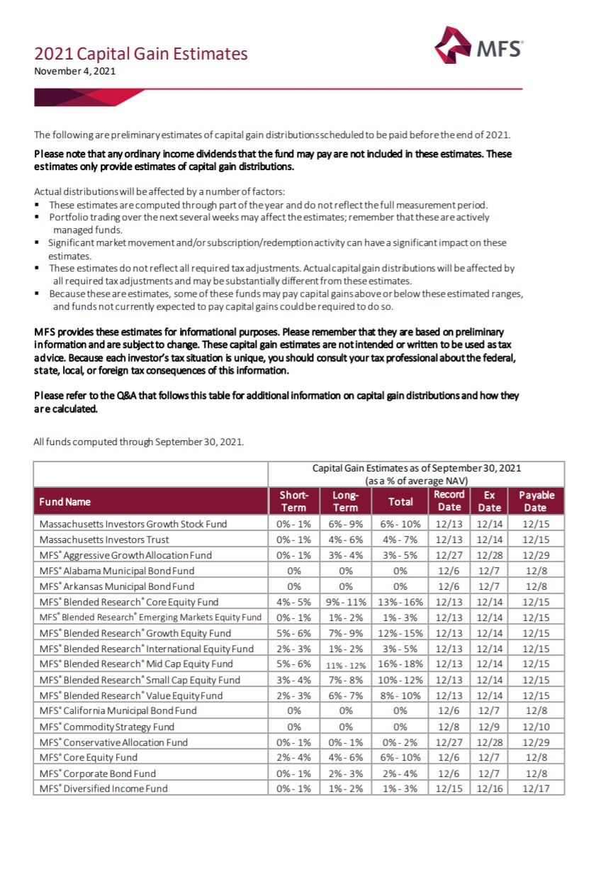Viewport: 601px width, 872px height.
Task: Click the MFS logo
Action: pyautogui.click(x=479, y=46)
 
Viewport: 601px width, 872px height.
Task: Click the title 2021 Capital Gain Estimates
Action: pyautogui.click(x=141, y=54)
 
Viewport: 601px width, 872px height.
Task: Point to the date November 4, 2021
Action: pyautogui.click(x=74, y=71)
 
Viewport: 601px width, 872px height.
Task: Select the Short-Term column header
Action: pyautogui.click(x=293, y=501)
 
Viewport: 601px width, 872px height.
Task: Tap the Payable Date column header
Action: pyautogui.click(x=536, y=501)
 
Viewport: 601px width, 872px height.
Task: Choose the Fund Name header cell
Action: pyautogui.click(x=65, y=501)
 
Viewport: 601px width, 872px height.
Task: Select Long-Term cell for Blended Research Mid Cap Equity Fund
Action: pyautogui.click(x=345, y=664)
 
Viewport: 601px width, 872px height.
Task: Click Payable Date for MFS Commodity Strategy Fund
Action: pyautogui.click(x=536, y=727)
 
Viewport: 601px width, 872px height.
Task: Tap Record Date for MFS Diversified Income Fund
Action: pyautogui.click(x=449, y=789)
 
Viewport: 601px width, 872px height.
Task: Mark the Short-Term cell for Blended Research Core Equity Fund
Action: pyautogui.click(x=293, y=602)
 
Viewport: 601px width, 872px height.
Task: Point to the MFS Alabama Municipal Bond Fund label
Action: pyautogui.click(x=117, y=571)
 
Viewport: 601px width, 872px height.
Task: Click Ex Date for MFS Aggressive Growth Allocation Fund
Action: pyautogui.click(x=490, y=555)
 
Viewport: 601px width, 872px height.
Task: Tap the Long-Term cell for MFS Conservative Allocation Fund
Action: pyautogui.click(x=345, y=742)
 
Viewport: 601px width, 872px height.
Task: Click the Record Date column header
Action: pyautogui.click(x=449, y=501)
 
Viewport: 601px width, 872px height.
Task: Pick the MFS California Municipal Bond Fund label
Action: pyautogui.click(x=118, y=711)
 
